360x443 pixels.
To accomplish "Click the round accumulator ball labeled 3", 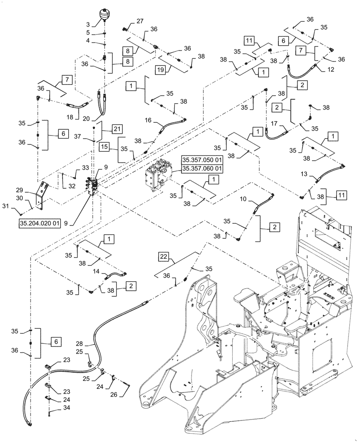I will [106, 12].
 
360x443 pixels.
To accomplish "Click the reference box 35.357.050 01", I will [201, 160].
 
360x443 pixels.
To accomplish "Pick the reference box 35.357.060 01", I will [201, 168].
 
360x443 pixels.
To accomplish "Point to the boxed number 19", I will [160, 69].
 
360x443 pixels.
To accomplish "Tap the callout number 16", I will [148, 120].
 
